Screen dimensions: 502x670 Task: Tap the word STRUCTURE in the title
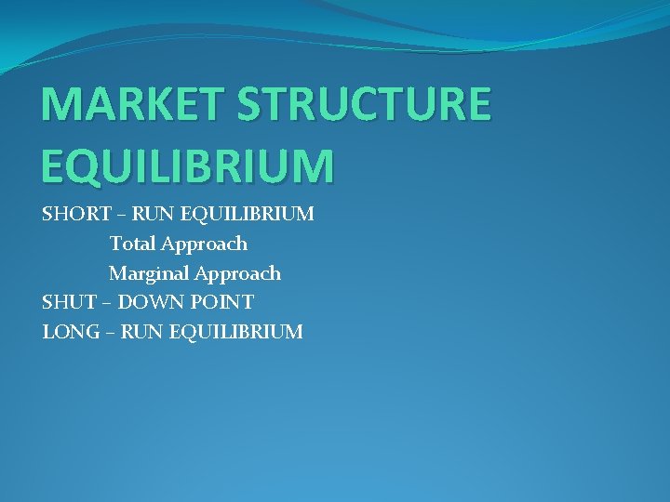[364, 104]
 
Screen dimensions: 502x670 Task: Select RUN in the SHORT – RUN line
[152, 215]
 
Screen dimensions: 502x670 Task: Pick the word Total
[132, 244]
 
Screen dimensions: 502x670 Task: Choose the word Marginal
[151, 273]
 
